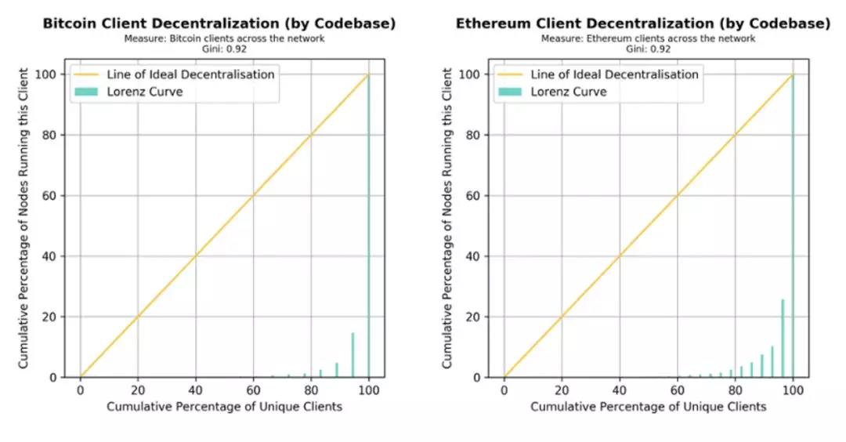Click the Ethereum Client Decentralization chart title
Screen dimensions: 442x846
coord(642,24)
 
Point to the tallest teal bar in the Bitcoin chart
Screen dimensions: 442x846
coord(368,227)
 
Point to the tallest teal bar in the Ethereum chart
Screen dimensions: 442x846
coord(793,227)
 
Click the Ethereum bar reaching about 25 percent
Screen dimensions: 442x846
coord(782,338)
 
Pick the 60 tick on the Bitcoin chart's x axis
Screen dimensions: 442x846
coord(253,391)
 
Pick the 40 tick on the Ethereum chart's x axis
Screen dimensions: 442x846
coord(620,391)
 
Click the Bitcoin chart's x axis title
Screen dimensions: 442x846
coord(225,407)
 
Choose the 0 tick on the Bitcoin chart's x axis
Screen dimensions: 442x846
coord(80,391)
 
